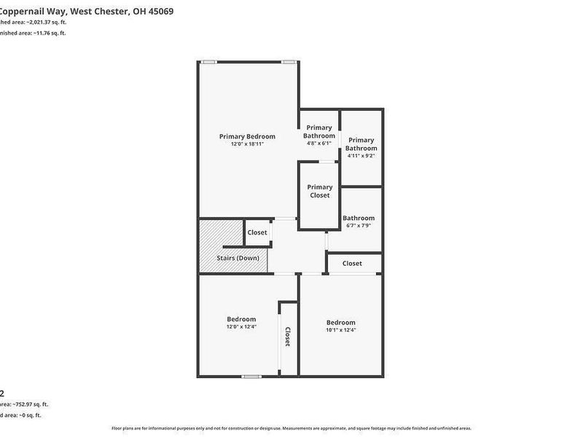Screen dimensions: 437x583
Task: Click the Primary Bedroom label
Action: (247, 136)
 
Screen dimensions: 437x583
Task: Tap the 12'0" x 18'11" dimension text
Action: (247, 144)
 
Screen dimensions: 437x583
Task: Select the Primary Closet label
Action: (319, 191)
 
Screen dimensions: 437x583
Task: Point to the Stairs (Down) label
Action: (238, 258)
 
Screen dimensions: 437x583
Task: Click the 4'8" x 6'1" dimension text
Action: (319, 143)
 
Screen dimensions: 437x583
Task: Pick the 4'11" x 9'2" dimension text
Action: (361, 156)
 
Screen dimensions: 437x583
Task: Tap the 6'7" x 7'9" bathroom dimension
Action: (359, 226)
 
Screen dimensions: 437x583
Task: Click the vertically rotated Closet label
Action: (288, 336)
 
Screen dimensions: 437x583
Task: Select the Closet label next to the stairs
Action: (257, 232)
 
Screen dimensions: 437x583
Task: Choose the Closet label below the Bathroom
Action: (352, 263)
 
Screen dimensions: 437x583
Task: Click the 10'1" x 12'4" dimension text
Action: (340, 331)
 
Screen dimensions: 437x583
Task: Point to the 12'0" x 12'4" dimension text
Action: (241, 327)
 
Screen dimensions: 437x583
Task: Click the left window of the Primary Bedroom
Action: (208, 62)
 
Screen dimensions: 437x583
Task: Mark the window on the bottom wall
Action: (252, 376)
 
